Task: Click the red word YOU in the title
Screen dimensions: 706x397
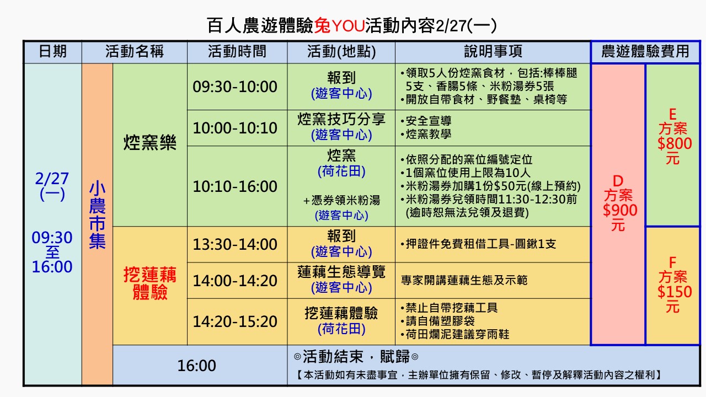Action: pyautogui.click(x=348, y=26)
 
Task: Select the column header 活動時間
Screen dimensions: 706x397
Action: pyautogui.click(x=237, y=51)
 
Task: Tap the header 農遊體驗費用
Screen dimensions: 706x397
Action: pyautogui.click(x=645, y=51)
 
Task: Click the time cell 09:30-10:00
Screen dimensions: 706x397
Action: pyautogui.click(x=235, y=87)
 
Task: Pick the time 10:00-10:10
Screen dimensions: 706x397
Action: pyautogui.click(x=235, y=128)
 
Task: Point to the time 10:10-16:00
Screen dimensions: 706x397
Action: pyautogui.click(x=235, y=186)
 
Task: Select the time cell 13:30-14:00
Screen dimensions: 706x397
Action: pyautogui.click(x=235, y=244)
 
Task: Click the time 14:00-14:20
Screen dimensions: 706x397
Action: pyautogui.click(x=235, y=281)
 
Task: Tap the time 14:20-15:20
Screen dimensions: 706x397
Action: pyautogui.click(x=235, y=321)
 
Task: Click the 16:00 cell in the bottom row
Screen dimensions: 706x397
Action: pyautogui.click(x=197, y=366)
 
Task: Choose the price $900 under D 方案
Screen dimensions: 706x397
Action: pyautogui.click(x=620, y=210)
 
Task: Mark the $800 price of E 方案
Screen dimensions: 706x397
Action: pyautogui.click(x=675, y=143)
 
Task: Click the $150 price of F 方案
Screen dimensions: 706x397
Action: pyautogui.click(x=675, y=292)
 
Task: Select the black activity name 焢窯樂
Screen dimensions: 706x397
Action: pyautogui.click(x=149, y=142)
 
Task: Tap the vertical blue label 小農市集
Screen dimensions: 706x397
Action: pyautogui.click(x=97, y=214)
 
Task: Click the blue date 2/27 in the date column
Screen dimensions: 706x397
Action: pyautogui.click(x=52, y=179)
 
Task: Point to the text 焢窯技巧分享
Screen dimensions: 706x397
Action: pyautogui.click(x=341, y=119)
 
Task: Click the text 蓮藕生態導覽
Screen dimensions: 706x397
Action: pyautogui.click(x=341, y=272)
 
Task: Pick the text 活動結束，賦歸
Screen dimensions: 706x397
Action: pyautogui.click(x=356, y=357)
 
